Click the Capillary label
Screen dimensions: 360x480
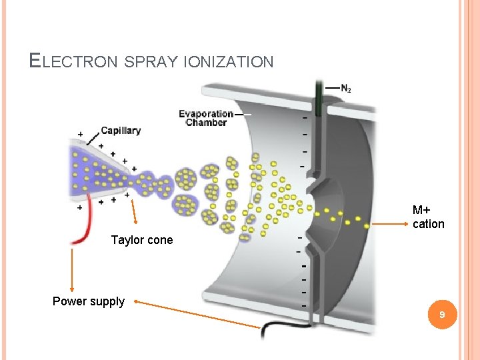[x=121, y=130]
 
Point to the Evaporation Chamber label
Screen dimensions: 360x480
[x=206, y=118]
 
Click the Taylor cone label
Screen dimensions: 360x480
[x=141, y=240]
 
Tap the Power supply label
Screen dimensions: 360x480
[x=88, y=301]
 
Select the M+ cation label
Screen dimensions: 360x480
[x=428, y=217]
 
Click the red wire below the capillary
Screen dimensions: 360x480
[x=84, y=230]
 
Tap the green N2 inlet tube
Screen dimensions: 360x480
[x=319, y=100]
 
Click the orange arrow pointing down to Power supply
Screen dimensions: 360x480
[x=71, y=270]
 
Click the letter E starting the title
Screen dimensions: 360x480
[x=35, y=61]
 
